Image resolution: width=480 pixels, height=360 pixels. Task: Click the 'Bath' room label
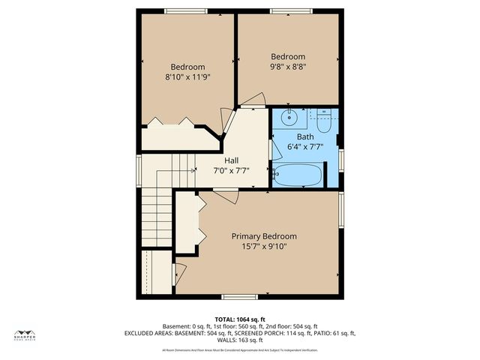[x=305, y=137]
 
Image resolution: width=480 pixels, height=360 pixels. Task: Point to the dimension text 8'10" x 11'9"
[x=187, y=76]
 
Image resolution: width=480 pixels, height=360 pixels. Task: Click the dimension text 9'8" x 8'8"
[x=288, y=67]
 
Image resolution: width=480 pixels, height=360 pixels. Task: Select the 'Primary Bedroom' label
[x=263, y=235]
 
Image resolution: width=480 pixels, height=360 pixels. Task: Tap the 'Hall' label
[x=232, y=160]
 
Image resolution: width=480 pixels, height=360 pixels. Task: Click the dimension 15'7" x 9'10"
[x=263, y=246]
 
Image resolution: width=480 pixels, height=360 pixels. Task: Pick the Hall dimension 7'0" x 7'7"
[x=232, y=170]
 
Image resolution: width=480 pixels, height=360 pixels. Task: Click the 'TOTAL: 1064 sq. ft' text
[x=240, y=319]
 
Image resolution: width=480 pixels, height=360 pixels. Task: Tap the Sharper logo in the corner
[x=28, y=336]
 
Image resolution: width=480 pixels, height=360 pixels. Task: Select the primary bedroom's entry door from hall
[x=225, y=196]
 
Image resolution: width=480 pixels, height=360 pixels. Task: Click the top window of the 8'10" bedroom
[x=187, y=10]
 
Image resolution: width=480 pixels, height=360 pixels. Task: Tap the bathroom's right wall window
[x=341, y=160]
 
